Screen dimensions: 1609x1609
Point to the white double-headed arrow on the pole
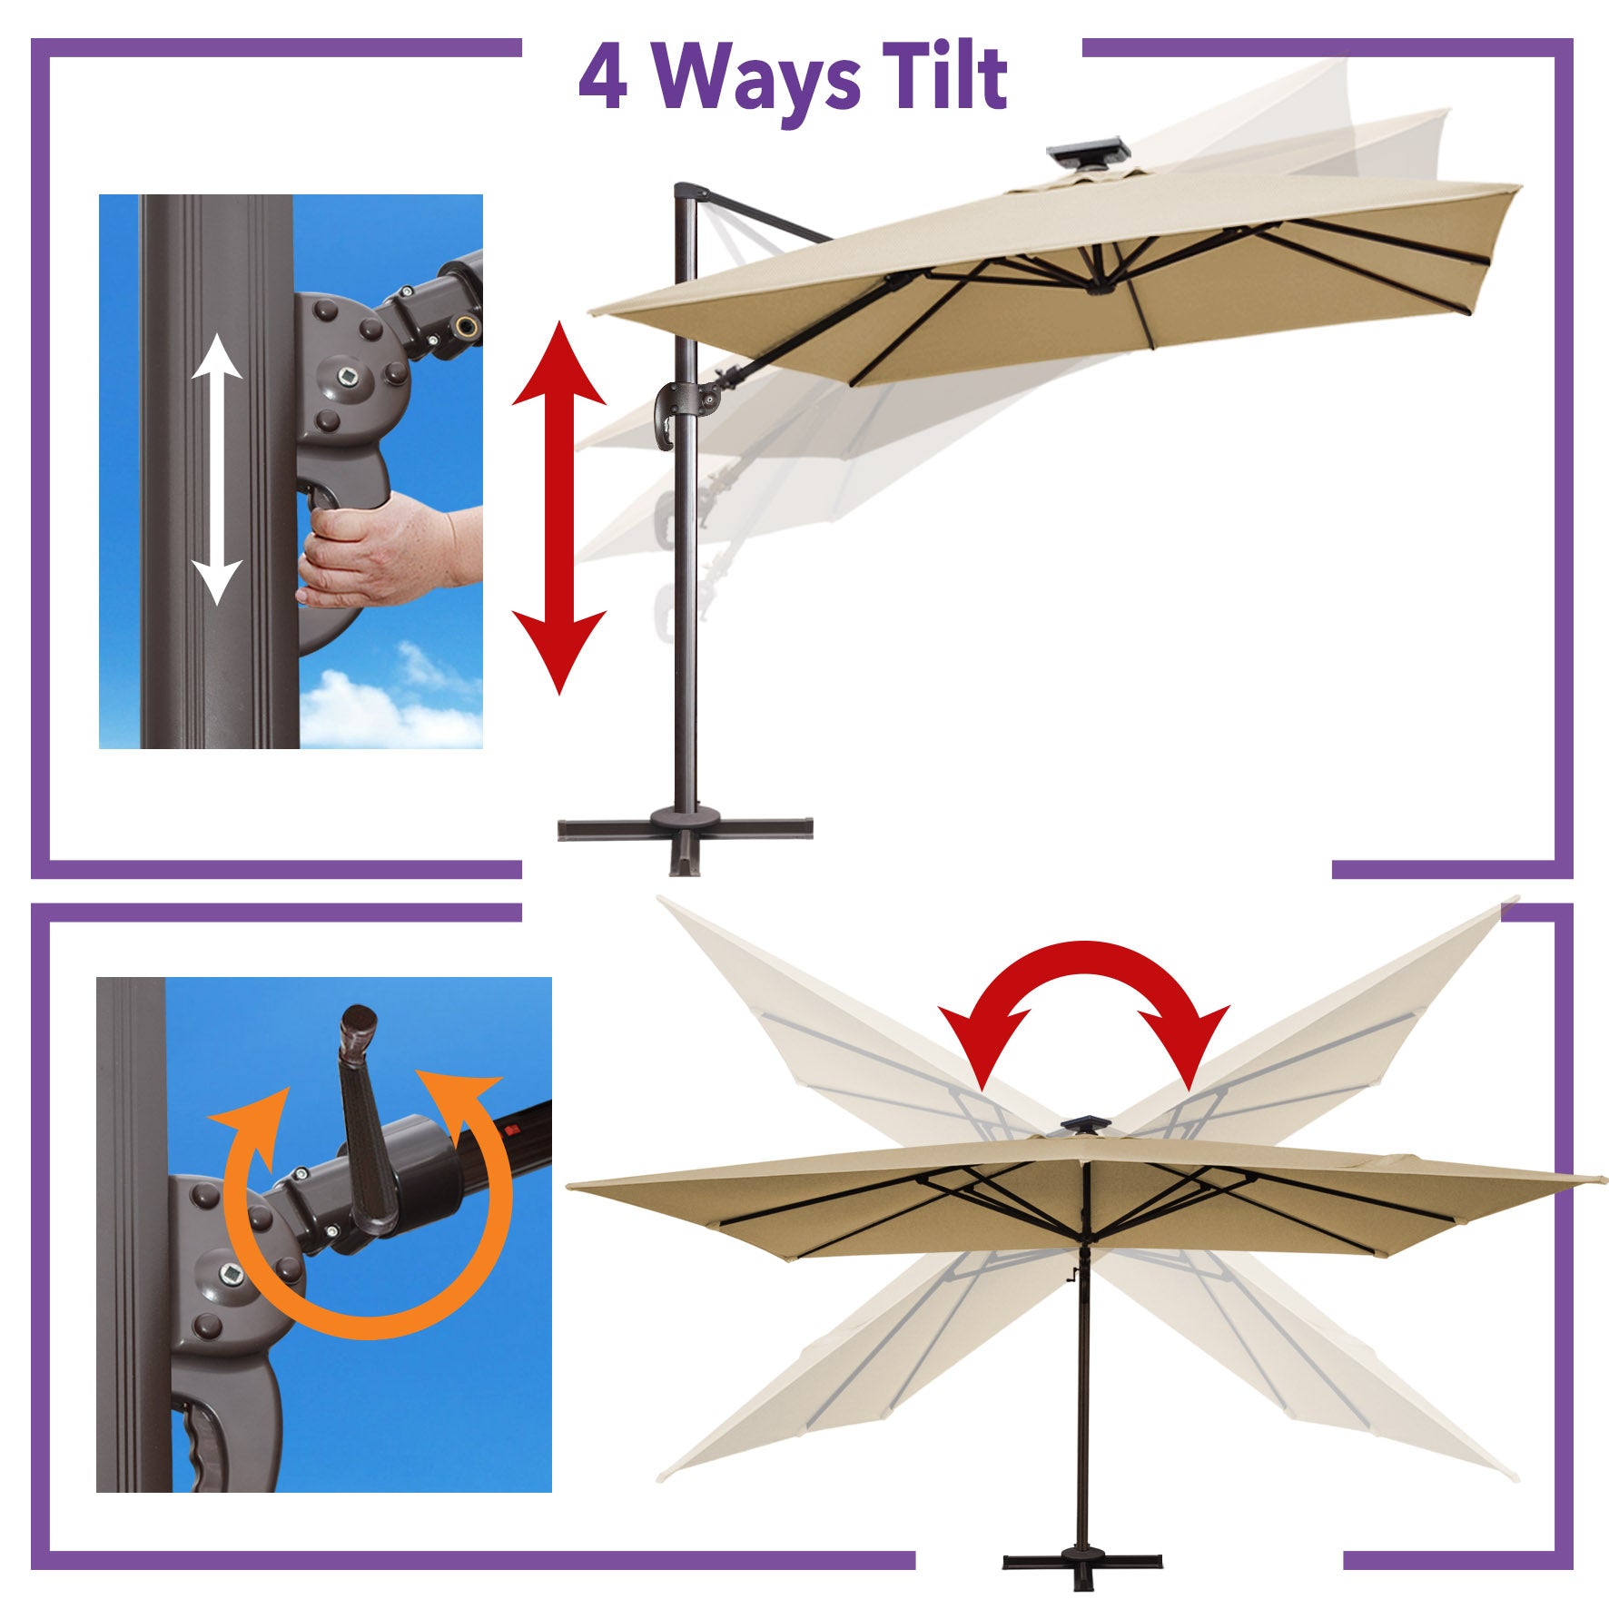[x=217, y=469]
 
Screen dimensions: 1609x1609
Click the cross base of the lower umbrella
[x=1082, y=1560]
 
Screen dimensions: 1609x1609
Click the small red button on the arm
[x=511, y=1131]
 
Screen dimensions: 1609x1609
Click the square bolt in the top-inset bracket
[x=349, y=374]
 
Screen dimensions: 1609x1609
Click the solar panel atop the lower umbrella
[x=1080, y=1126]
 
